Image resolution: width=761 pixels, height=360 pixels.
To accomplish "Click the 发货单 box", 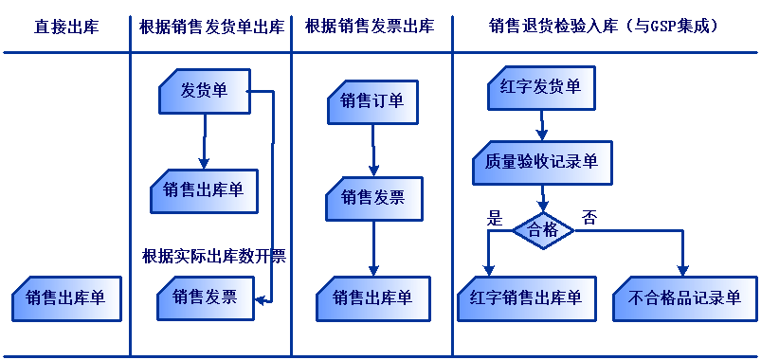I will pyautogui.click(x=205, y=91).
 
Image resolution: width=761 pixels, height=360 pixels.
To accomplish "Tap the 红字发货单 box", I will pyautogui.click(x=541, y=91).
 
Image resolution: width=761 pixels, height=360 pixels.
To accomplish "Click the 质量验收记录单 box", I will pyautogui.click(x=541, y=162).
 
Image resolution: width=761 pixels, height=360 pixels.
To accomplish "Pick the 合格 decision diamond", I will pyautogui.click(x=543, y=230).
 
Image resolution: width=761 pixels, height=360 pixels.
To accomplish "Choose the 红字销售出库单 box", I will pyautogui.click(x=526, y=298).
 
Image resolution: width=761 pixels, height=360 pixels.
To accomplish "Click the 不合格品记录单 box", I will pyautogui.click(x=684, y=298).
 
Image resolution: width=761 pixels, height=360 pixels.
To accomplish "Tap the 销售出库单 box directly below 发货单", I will pyautogui.click(x=203, y=190).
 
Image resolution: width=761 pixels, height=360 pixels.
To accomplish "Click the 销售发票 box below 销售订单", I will pyautogui.click(x=372, y=198).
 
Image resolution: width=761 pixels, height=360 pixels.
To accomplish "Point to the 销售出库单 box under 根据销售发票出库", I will pyautogui.click(x=372, y=298).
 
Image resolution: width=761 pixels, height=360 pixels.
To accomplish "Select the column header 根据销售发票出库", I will pyautogui.click(x=370, y=27).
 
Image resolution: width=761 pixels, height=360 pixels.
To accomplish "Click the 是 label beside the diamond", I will pyautogui.click(x=493, y=215).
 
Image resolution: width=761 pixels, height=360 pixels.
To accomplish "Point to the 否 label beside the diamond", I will pyautogui.click(x=589, y=215).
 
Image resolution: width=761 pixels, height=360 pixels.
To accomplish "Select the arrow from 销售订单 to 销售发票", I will pyautogui.click(x=373, y=150).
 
